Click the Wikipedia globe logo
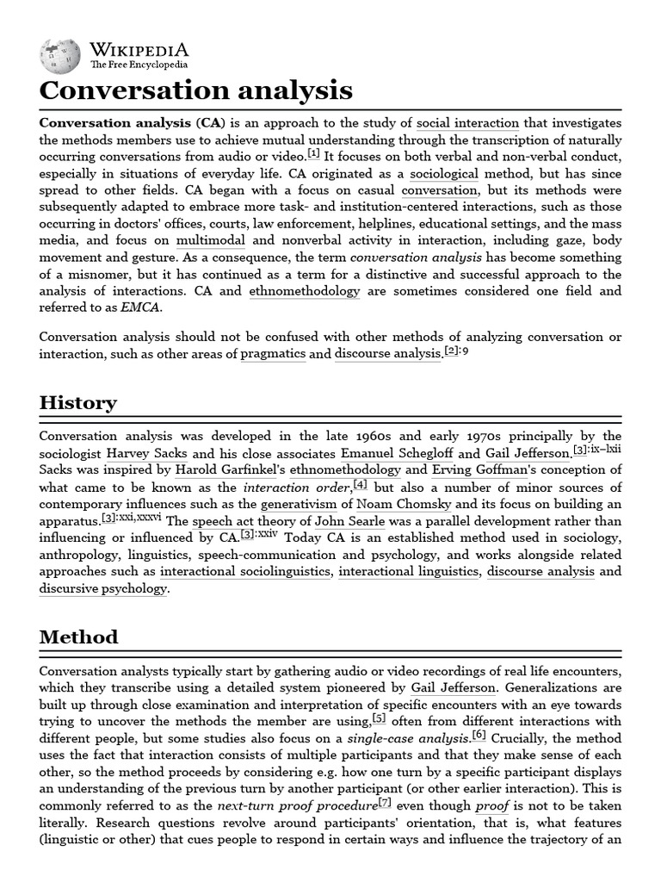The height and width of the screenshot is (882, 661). click(60, 53)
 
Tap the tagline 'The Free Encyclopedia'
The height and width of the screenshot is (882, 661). click(139, 65)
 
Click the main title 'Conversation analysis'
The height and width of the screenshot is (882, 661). click(195, 90)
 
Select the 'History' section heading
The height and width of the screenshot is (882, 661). click(78, 403)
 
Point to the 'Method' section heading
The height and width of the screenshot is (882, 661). click(78, 637)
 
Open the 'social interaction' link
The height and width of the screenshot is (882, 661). click(467, 123)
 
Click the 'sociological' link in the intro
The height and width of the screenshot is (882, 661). click(430, 173)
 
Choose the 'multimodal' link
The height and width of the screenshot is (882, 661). click(211, 240)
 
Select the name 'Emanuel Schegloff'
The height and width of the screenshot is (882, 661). click(397, 453)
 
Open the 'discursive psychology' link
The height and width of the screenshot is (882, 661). click(103, 588)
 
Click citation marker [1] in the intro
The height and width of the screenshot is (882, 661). click(313, 154)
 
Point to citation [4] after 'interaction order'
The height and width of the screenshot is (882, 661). click(359, 484)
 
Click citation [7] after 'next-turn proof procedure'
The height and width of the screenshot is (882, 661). click(385, 804)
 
